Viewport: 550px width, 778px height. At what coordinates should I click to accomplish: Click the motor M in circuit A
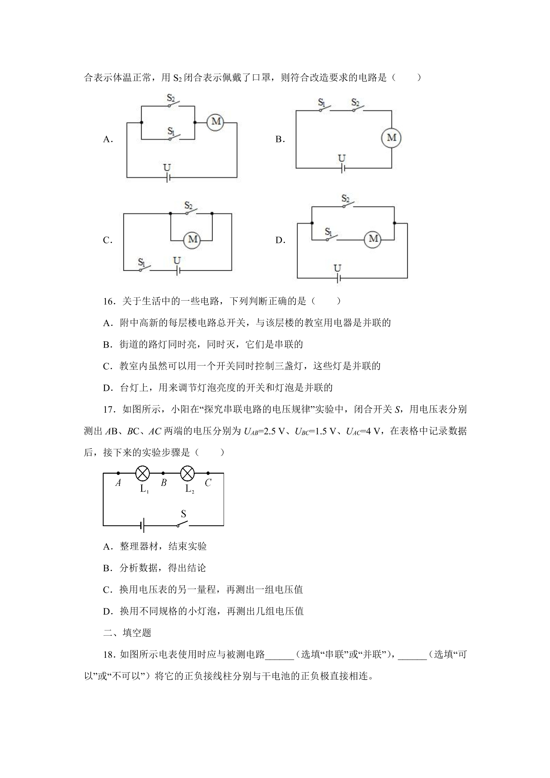coord(216,122)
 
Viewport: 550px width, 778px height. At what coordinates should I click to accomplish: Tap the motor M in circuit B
coord(391,138)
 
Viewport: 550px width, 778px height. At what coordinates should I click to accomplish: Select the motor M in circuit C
coord(192,239)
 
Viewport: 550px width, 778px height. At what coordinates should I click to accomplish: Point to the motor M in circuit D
coord(373,239)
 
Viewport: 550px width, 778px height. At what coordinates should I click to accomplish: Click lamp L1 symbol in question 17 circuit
coord(143,473)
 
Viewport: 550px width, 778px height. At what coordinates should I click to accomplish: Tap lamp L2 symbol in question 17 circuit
coord(187,473)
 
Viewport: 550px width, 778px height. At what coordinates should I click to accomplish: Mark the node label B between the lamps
coord(164,483)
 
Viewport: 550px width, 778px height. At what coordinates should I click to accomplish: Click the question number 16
coord(109,301)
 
